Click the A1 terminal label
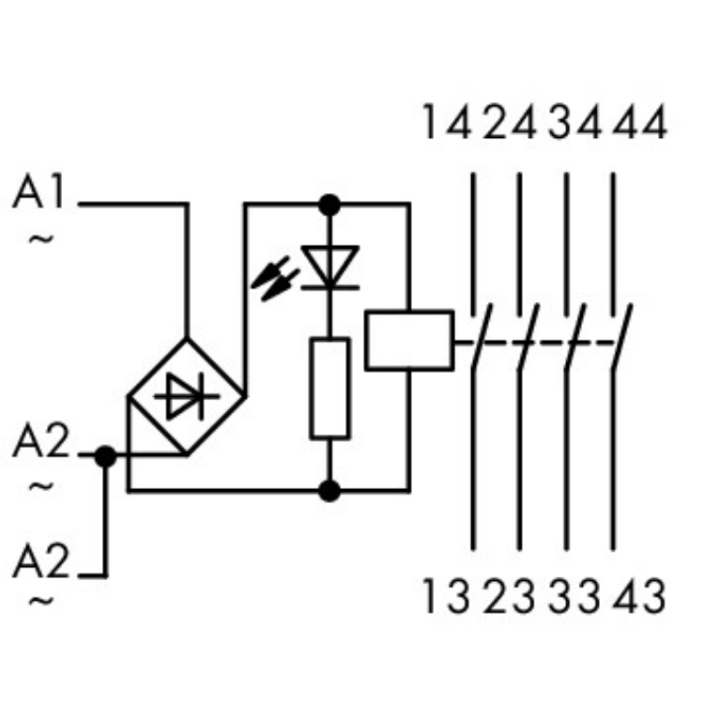41,195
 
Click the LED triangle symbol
330,267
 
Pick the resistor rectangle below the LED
329,388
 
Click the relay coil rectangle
409,340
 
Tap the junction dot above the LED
329,203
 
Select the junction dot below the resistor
329,489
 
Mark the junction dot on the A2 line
106,457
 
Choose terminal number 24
511,123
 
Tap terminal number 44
641,123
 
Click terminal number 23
511,597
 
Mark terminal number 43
641,597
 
